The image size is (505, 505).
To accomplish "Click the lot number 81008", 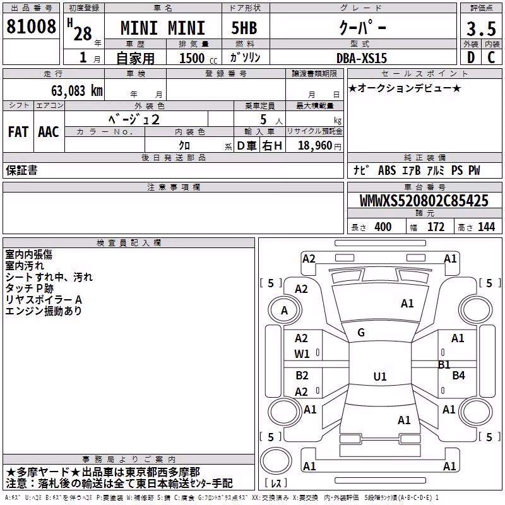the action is tap(31, 27).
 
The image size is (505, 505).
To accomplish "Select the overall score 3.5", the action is tap(481, 29).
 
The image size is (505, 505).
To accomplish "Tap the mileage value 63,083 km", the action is tap(77, 91).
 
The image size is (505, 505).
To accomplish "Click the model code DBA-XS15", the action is tap(361, 58).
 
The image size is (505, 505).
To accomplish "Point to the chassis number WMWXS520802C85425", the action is tap(424, 201).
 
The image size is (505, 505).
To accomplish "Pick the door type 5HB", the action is tap(244, 28).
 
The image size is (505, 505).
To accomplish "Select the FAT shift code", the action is tap(18, 132).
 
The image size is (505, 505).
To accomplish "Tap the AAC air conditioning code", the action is tap(49, 132).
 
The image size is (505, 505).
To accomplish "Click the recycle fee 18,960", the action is tap(315, 146).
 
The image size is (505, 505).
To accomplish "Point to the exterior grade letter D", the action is tap(470, 57).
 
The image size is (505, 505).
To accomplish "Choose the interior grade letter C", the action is tap(491, 57).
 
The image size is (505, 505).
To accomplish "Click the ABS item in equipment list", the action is tap(387, 170).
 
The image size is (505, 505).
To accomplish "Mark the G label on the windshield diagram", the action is tap(361, 333).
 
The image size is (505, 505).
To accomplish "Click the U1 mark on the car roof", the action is tap(380, 376).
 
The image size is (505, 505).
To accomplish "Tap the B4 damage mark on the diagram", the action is tap(458, 375).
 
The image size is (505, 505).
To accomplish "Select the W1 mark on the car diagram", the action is tap(302, 354).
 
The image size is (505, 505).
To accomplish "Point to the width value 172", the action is tap(436, 227).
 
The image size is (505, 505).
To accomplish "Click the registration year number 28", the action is tap(83, 33).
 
